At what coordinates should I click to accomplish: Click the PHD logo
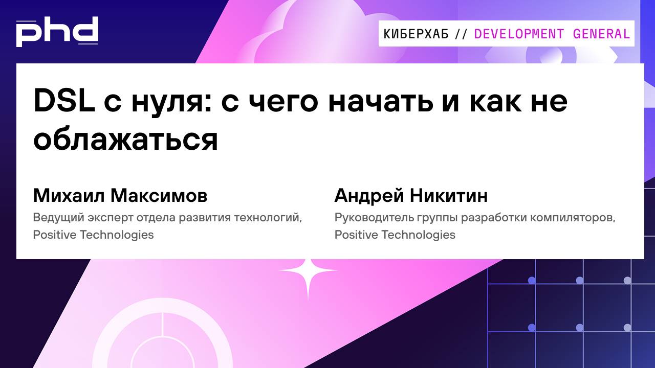57,32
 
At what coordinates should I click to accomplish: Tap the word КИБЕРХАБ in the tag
416,34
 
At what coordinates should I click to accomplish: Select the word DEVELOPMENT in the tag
519,34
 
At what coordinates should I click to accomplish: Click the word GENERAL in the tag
601,34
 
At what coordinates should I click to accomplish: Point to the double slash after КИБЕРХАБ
461,34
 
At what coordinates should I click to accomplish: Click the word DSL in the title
64,101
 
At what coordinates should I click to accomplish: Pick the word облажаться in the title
126,139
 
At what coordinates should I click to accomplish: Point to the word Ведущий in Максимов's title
55,218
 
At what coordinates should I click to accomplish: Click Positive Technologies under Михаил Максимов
93,235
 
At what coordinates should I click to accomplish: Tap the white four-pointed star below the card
308,271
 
